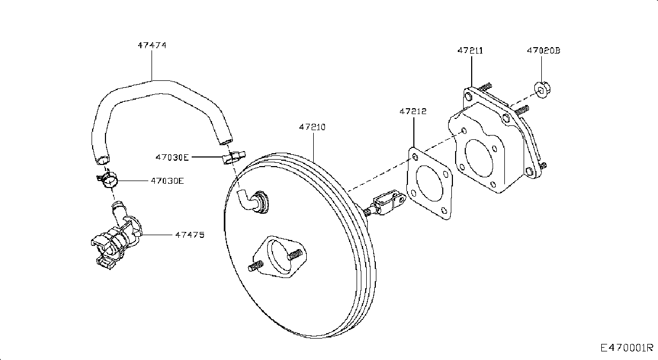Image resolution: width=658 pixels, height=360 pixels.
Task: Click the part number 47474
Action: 152,45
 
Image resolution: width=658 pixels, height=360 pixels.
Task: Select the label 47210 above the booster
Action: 312,127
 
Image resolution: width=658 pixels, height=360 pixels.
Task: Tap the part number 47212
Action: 413,111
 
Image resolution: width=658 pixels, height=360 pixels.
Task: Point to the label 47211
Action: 470,50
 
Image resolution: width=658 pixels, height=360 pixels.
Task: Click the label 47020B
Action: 543,50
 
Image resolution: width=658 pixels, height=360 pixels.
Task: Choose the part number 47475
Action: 190,235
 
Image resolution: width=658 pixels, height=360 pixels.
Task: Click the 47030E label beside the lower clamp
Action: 167,181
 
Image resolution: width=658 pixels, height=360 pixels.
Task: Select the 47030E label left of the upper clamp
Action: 172,157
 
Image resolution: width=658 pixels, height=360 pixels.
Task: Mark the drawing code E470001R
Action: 626,348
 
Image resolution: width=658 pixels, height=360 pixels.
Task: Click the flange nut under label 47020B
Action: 542,89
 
